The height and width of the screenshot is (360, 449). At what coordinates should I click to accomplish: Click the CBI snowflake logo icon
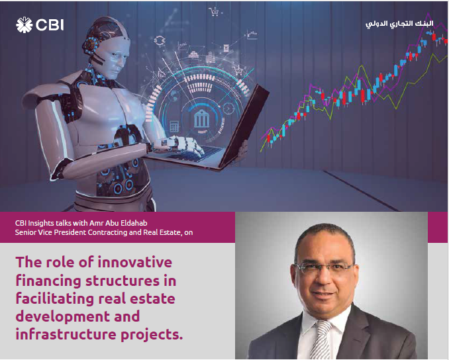[24, 26]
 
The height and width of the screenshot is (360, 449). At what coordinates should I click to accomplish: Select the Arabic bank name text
[398, 24]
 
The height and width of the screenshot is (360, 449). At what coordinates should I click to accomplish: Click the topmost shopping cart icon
[214, 11]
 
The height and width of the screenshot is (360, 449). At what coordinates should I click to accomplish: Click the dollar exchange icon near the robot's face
[159, 40]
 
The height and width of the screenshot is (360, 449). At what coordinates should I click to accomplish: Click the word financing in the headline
[46, 280]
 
